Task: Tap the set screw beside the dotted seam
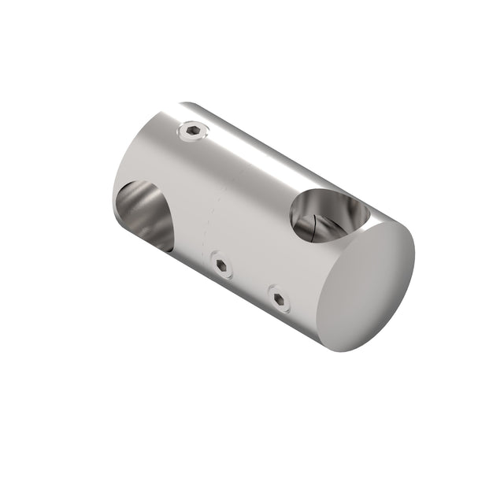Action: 222,266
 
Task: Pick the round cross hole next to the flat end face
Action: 327,214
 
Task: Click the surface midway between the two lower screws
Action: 250,281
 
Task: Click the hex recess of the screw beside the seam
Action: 222,266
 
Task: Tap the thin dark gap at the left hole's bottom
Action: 157,244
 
